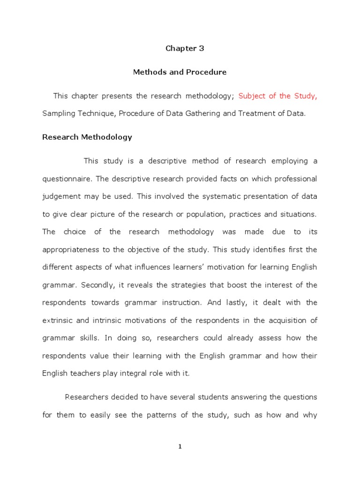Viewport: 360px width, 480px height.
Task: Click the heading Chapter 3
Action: click(185, 48)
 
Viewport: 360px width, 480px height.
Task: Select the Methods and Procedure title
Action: click(180, 72)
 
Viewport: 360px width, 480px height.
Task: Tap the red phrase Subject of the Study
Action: click(277, 96)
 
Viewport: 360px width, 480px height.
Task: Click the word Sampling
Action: click(58, 113)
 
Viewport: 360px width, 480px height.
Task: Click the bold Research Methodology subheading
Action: click(87, 137)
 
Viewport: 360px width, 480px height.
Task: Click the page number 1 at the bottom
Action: click(180, 447)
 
